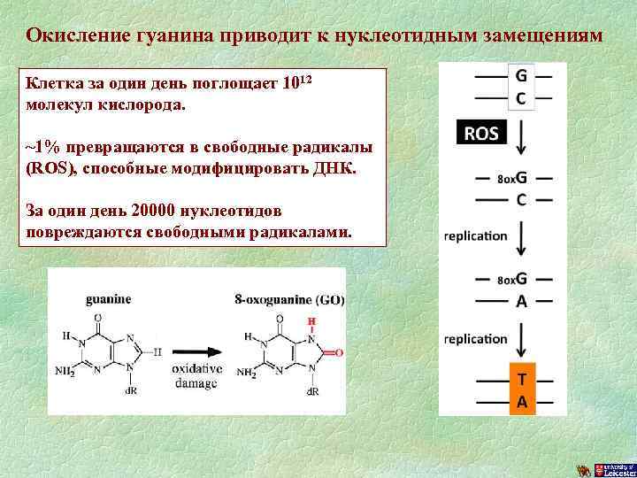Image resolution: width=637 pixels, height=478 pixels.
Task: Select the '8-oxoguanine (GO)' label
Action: coord(290,300)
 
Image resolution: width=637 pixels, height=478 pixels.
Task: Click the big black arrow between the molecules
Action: coord(197,348)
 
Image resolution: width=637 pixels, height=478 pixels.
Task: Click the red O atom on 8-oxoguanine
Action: coord(339,352)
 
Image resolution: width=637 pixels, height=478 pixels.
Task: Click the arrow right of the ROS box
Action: coord(521,137)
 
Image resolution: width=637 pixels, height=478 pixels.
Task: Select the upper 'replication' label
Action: coord(475,236)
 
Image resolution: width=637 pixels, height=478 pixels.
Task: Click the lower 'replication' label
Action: coord(475,339)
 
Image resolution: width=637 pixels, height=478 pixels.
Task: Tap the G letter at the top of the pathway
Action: coord(521,76)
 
